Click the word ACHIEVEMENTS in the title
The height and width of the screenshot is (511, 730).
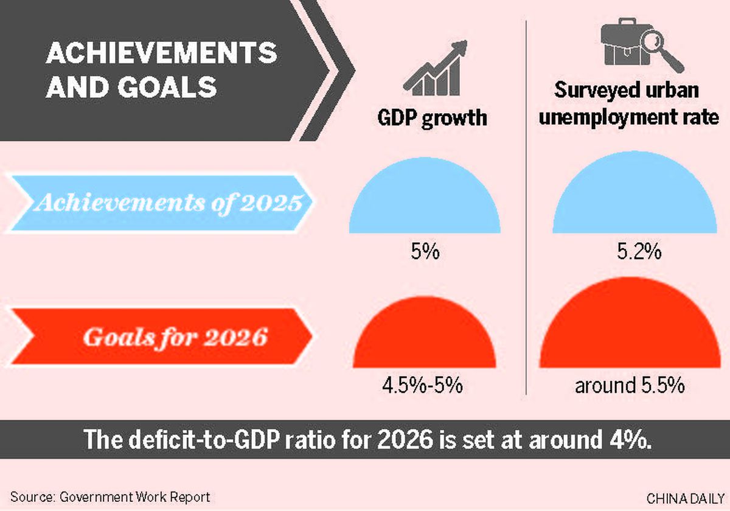coord(161,54)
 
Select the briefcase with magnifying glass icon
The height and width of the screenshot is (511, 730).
coord(638,44)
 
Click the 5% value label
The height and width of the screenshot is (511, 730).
coord(425,251)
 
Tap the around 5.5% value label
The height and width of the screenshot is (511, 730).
coord(630,386)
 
